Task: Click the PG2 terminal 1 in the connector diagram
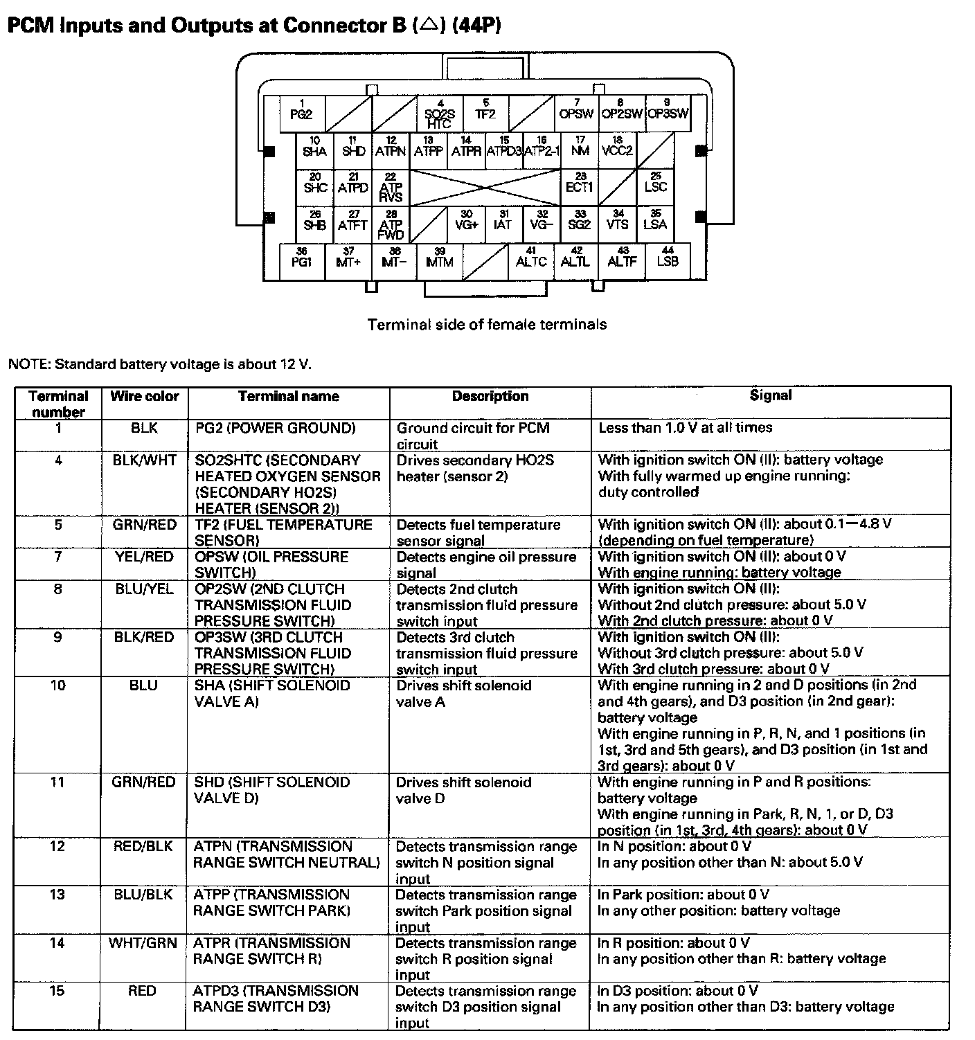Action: pyautogui.click(x=302, y=113)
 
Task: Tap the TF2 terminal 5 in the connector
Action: pyautogui.click(x=485, y=113)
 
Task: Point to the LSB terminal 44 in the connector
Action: pyautogui.click(x=668, y=260)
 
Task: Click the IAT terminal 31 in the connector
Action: pyautogui.click(x=503, y=223)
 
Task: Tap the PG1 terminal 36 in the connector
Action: pyautogui.click(x=302, y=260)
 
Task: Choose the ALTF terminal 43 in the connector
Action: pyautogui.click(x=622, y=260)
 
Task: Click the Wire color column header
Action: pyautogui.click(x=144, y=397)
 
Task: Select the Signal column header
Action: pyautogui.click(x=770, y=395)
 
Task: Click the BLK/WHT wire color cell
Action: pyautogui.click(x=144, y=460)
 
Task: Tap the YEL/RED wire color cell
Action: pyautogui.click(x=144, y=557)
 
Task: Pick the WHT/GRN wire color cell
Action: pyautogui.click(x=143, y=943)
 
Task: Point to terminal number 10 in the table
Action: pyautogui.click(x=58, y=685)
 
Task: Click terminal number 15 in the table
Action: pyautogui.click(x=57, y=992)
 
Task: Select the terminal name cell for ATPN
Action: pyautogui.click(x=287, y=854)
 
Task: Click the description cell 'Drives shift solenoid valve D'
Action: pyautogui.click(x=463, y=790)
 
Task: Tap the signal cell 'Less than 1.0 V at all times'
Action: pyautogui.click(x=685, y=428)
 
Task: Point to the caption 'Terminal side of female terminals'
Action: pyautogui.click(x=487, y=324)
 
